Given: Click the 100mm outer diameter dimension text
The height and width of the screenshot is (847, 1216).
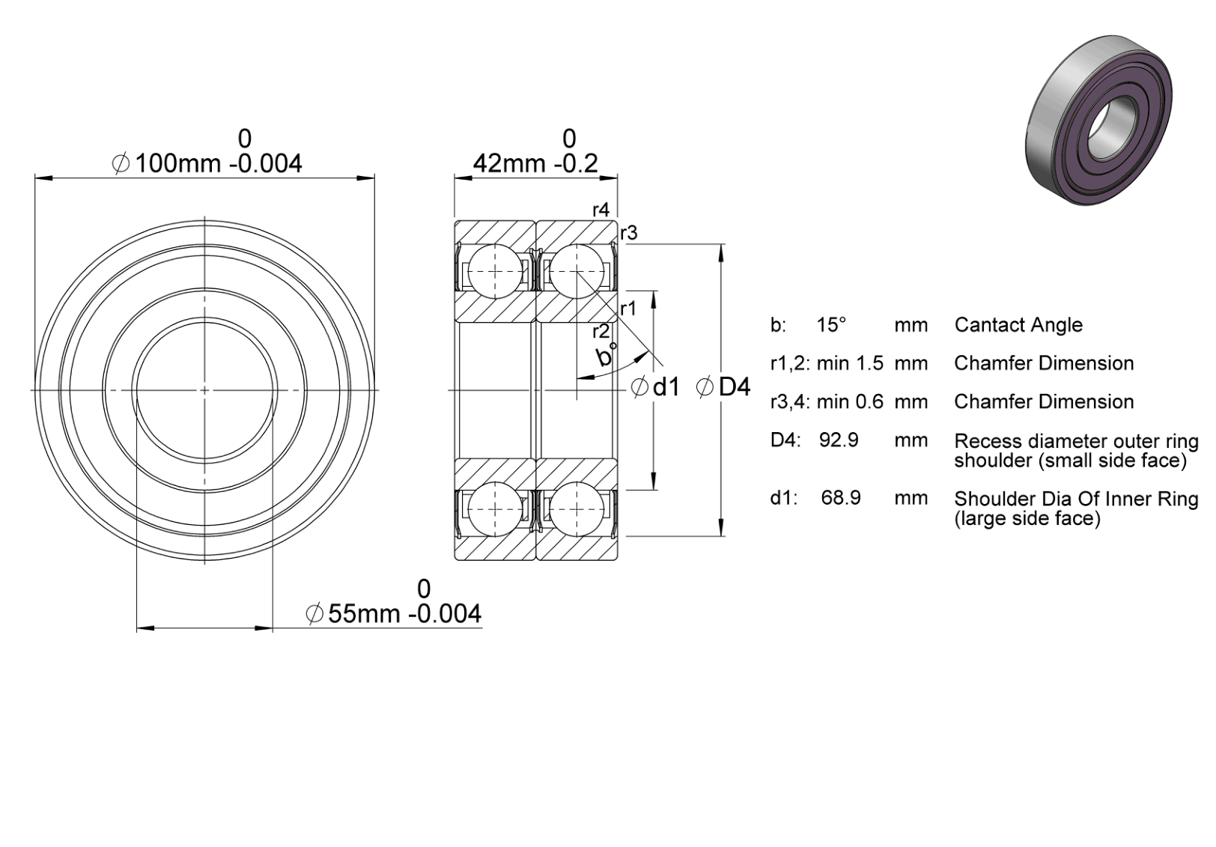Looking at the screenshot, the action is coord(207,163).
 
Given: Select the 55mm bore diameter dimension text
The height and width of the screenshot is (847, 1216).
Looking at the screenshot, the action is coord(393,613).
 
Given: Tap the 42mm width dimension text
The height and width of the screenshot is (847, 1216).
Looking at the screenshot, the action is coord(535,163).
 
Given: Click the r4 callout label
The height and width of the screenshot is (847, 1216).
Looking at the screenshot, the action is coord(601,210).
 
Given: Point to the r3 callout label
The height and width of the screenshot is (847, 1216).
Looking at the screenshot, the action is coord(629,233).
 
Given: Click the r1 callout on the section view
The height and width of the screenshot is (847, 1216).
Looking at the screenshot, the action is coord(628,309).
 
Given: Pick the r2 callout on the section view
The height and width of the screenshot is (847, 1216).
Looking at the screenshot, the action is coord(601,331).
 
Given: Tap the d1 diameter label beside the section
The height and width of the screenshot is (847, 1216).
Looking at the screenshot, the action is coord(657,387).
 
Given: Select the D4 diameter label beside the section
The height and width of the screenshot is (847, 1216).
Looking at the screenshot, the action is coord(723,387).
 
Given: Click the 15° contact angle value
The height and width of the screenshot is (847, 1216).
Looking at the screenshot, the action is coord(832,325).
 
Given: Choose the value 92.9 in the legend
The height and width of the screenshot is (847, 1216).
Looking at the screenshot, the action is coord(839,440).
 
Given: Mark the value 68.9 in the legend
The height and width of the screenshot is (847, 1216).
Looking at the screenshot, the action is coord(841,497).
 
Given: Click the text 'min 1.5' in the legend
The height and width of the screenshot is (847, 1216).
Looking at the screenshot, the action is coord(850,362).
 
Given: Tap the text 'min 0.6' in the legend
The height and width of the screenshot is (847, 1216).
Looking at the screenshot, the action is coord(850,401).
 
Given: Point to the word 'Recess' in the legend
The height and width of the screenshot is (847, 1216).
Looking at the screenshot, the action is coord(986,441).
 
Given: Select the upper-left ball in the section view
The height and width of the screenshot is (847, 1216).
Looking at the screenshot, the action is coord(495,271).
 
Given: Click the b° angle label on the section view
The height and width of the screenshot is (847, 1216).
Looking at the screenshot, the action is coord(607,354).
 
